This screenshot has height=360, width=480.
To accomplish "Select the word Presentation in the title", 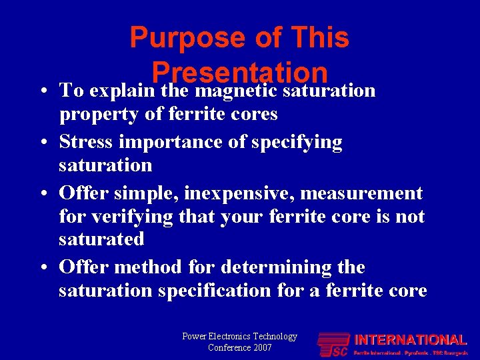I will (x=239, y=72).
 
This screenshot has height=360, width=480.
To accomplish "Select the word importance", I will (x=172, y=142).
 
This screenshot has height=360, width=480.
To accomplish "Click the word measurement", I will (x=361, y=193).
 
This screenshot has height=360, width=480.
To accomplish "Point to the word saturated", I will (x=101, y=239).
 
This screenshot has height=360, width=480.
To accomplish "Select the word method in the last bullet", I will (x=149, y=267).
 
